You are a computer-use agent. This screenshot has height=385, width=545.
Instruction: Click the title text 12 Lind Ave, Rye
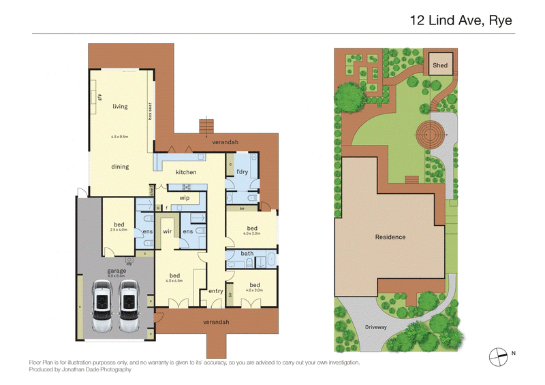coord(461,20)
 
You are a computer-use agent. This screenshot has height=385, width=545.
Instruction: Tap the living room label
coord(120,107)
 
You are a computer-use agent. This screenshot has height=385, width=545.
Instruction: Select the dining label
coord(120,167)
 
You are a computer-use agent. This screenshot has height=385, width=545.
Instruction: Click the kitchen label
coord(186,172)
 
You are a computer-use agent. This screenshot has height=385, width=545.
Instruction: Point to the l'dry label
coord(242,172)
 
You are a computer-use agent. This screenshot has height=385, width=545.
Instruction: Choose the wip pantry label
coord(184,198)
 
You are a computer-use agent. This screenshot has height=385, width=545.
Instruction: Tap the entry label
coord(216,291)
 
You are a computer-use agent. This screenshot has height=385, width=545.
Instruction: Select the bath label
coord(247,254)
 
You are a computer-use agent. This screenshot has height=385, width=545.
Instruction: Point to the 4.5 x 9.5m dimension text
coord(120,137)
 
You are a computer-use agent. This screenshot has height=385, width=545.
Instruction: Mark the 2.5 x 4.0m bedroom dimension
coord(119,230)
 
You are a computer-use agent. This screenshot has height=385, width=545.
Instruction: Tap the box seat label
coord(149,111)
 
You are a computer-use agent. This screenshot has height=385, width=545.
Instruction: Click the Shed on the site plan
coord(440,65)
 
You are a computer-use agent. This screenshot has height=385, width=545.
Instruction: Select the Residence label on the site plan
coord(390,237)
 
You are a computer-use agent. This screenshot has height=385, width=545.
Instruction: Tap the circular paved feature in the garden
coord(429,133)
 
